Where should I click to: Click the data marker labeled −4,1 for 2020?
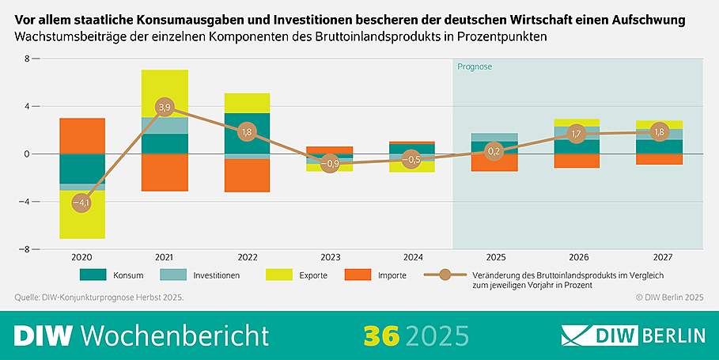point(82,203)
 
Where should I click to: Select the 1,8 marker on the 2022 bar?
point(247,132)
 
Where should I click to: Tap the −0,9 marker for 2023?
point(330,165)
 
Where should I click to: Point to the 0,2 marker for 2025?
point(494,151)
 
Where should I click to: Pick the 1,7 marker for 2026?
point(577,134)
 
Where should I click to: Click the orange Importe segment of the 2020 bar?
point(82,135)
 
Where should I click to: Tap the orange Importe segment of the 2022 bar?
point(247,176)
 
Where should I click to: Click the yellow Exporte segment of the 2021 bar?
point(165,93)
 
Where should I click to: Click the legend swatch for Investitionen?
point(172,275)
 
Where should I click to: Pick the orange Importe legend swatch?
point(358,275)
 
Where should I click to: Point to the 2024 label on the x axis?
point(411,257)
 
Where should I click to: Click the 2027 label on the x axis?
point(659,257)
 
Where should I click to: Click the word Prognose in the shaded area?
point(475,67)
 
